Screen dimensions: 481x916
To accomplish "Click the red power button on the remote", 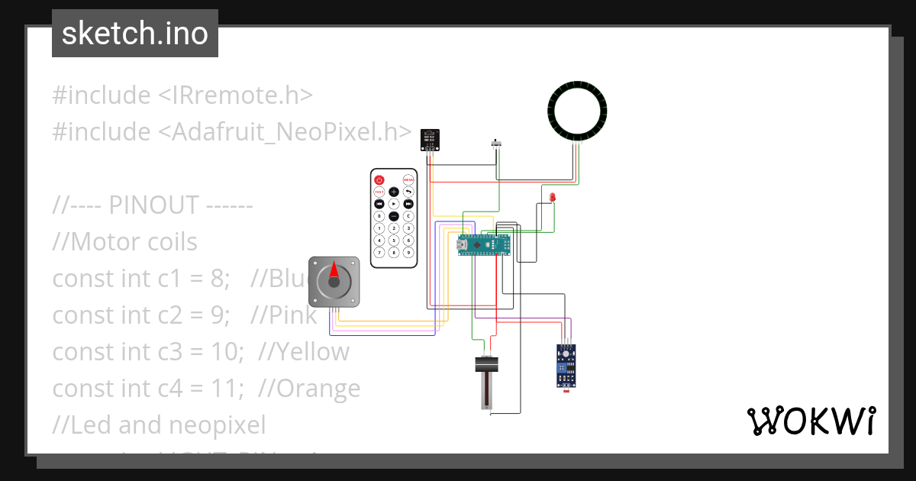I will point(379,179).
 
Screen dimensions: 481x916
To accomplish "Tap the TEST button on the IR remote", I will point(379,192).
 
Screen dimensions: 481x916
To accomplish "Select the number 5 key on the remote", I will point(394,240).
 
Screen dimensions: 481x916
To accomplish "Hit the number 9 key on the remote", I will point(408,252).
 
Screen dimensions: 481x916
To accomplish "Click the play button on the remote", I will point(394,204).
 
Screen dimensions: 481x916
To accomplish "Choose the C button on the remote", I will point(408,216).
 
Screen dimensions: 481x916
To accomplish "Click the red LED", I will point(553,197).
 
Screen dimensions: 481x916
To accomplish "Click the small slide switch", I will point(498,143).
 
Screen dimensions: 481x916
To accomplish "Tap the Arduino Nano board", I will point(483,245).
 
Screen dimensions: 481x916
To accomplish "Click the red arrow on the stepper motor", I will point(334,270).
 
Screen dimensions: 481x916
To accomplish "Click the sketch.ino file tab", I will point(135,34).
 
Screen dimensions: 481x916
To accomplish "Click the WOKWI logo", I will point(810,421).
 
